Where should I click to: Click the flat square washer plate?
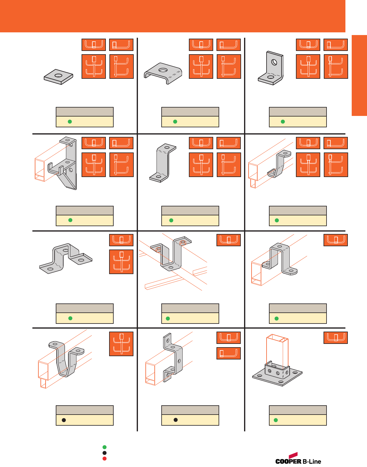click(x=51, y=78)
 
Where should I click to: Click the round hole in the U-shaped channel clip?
click(x=163, y=70)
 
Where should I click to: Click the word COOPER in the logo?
click(x=288, y=461)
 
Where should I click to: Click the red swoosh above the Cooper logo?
click(x=293, y=455)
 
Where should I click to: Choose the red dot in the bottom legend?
click(x=105, y=459)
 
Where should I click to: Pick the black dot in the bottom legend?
click(x=105, y=453)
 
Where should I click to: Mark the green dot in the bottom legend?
click(x=105, y=447)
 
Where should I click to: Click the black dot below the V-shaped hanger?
click(x=64, y=420)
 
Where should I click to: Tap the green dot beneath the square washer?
click(x=70, y=122)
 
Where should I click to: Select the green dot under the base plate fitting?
click(x=276, y=420)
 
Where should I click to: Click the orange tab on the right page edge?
click(x=359, y=75)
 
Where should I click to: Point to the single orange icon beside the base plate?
click(x=336, y=338)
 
